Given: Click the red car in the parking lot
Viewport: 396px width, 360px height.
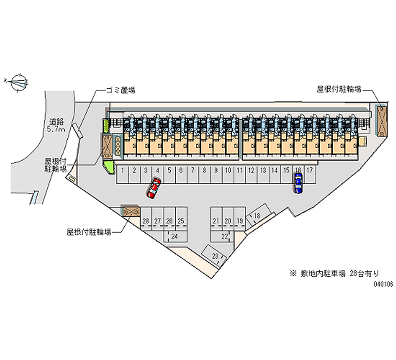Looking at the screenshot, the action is click(x=154, y=188).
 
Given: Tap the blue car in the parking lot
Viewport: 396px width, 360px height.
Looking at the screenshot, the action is click(x=298, y=183).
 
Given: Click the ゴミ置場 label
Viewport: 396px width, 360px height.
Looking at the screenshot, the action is click(x=121, y=90).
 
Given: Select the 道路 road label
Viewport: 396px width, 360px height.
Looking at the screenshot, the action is click(x=56, y=122).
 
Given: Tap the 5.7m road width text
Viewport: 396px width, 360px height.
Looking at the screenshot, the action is click(x=56, y=130).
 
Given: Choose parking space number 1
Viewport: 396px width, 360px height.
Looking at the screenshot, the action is click(x=122, y=175).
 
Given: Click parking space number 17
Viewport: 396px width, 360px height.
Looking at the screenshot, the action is click(x=310, y=175).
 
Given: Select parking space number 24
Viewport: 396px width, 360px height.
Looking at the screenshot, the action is click(x=175, y=237).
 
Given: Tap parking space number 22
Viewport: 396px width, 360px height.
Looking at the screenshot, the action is click(x=222, y=237).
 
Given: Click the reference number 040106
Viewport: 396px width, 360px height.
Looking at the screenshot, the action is click(x=383, y=284).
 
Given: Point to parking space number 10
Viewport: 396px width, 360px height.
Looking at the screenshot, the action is click(x=228, y=175).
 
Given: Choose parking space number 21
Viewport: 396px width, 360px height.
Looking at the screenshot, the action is click(x=216, y=218).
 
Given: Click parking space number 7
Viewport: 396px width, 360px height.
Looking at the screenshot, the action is click(x=193, y=175).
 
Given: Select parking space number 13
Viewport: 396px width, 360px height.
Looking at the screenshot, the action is click(x=263, y=175).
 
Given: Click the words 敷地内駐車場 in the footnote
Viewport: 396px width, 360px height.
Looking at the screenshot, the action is click(x=323, y=274).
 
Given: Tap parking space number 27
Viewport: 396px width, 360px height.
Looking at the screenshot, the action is click(x=158, y=218).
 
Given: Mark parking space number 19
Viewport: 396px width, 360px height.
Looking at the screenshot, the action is click(x=240, y=218).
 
